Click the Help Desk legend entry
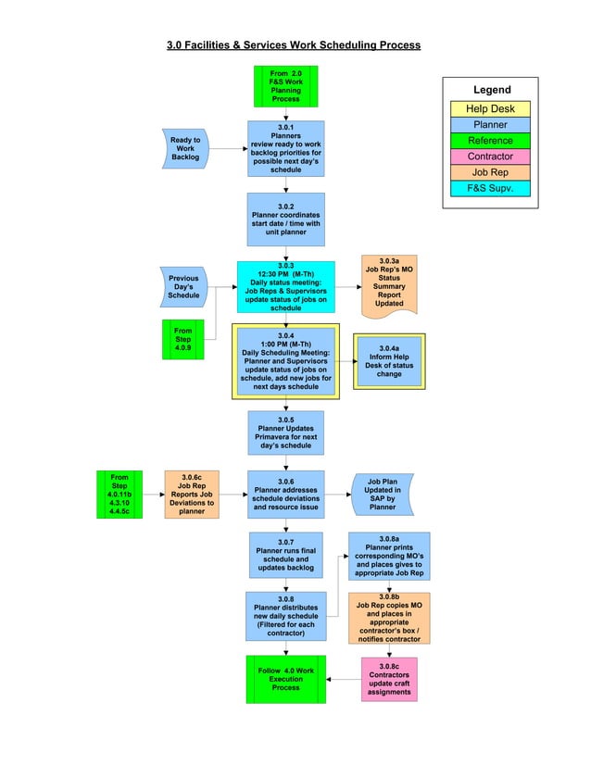pos(490,109)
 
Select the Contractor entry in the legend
pos(490,157)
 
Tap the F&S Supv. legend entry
pos(490,188)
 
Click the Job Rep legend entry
pos(490,172)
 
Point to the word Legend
pos(492,90)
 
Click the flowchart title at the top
pos(293,44)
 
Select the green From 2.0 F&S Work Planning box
pos(285,86)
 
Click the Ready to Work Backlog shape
pos(185,148)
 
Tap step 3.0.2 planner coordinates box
pos(285,219)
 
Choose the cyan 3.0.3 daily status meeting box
pos(285,287)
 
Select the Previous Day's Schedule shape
pos(183,287)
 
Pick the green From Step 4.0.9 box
pos(182,339)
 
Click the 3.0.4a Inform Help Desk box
pos(389,361)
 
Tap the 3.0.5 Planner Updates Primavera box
pos(285,433)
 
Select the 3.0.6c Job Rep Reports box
pos(192,495)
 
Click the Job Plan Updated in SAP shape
pos(383,495)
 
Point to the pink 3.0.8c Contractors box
pos(389,680)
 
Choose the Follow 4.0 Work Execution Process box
pos(285,680)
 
